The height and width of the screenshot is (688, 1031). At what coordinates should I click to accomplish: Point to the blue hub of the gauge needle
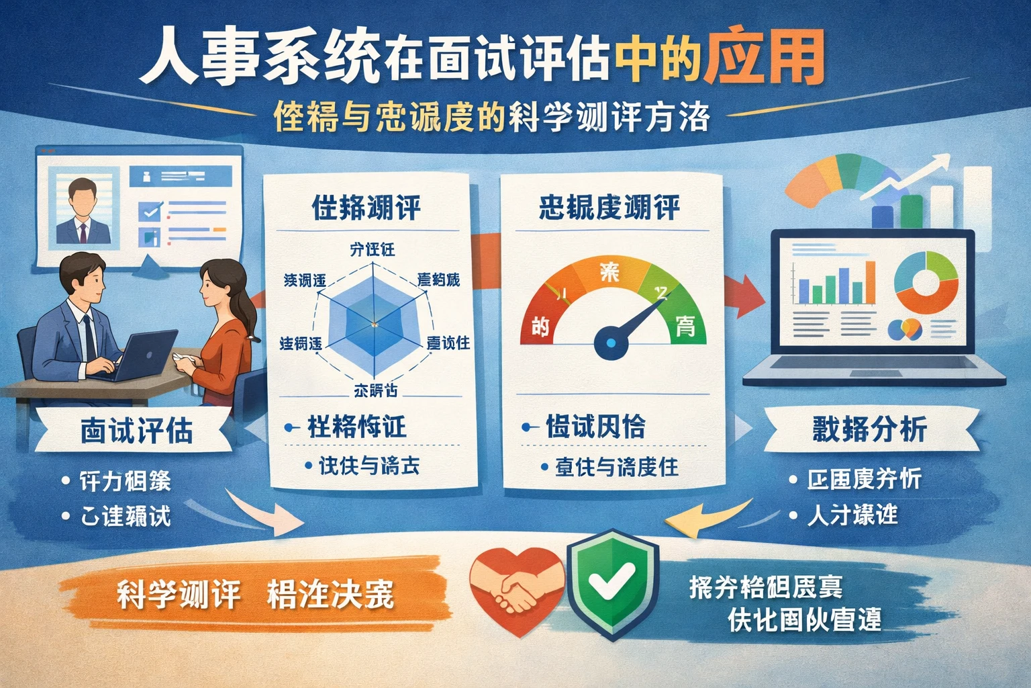(611, 343)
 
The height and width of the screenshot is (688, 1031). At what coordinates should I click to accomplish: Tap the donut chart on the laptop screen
(926, 282)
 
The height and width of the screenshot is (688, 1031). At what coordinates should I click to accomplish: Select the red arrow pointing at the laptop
(745, 296)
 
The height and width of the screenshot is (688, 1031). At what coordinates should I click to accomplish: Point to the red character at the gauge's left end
(540, 327)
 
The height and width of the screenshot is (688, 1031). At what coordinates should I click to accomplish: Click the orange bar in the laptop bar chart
(870, 282)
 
